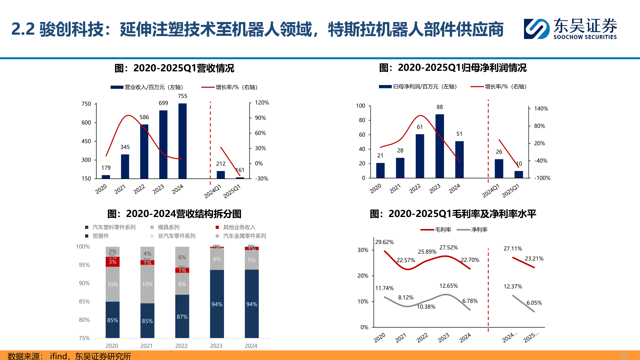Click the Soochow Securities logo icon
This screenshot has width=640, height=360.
click(536, 29)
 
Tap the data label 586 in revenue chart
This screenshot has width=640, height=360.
click(144, 117)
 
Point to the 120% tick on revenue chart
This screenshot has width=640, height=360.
click(262, 103)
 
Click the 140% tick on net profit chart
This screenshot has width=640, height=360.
click(541, 109)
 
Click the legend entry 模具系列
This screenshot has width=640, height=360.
click(168, 227)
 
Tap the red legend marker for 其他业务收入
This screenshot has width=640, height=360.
click(217, 227)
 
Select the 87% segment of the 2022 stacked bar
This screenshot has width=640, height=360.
click(182, 316)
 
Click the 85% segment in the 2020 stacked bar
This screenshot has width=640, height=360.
click(112, 320)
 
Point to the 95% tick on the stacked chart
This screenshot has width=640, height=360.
click(84, 265)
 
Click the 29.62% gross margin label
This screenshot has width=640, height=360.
click(384, 242)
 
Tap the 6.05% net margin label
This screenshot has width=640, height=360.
click(534, 303)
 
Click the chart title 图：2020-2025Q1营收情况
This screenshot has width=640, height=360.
click(174, 68)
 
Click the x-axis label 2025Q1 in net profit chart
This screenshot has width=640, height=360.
click(510, 191)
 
